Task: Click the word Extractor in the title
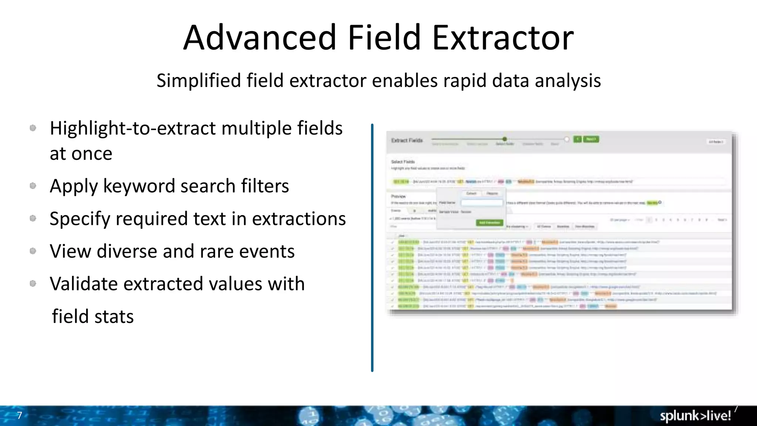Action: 503,38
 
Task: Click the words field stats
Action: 93,317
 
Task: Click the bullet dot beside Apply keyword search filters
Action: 33,186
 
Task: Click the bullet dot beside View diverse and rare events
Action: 33,251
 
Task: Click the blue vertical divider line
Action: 372,248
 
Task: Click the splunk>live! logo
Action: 695,416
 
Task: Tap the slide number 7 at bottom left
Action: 20,415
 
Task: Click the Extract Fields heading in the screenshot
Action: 407,141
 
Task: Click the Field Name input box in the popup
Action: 482,203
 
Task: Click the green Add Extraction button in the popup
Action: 489,223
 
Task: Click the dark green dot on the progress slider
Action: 505,139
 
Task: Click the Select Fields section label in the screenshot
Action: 403,162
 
